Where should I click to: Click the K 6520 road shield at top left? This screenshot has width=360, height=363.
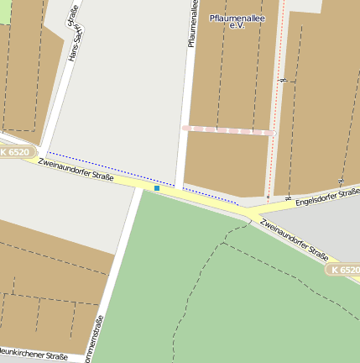coord(16,152)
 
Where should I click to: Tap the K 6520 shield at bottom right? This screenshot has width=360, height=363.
coord(343,270)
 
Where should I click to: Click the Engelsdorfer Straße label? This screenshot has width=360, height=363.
coord(327,197)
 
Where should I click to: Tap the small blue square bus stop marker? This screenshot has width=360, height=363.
coord(156,188)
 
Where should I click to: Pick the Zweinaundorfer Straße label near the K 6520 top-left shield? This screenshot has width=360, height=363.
coord(76,167)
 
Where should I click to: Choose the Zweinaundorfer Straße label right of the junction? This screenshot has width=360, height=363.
coord(294,239)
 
